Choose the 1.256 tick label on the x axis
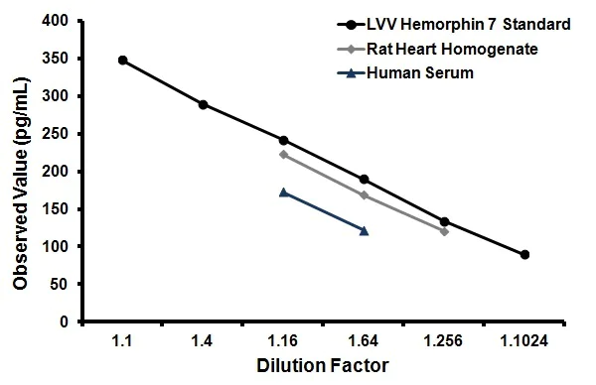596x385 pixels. click(x=444, y=341)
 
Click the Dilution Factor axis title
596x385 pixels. click(x=323, y=365)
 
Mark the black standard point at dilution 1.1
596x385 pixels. click(x=123, y=60)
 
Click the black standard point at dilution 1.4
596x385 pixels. click(x=204, y=104)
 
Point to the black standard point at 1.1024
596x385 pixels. click(x=524, y=255)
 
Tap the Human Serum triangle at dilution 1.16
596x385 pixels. click(x=284, y=192)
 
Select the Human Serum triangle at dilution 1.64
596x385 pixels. click(x=364, y=230)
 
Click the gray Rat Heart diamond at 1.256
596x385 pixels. click(x=444, y=231)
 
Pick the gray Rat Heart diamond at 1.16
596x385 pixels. click(x=284, y=154)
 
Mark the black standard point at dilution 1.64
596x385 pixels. click(x=364, y=180)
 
